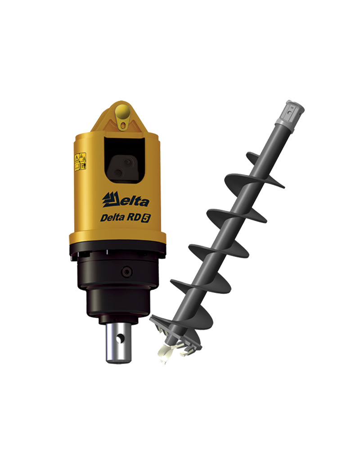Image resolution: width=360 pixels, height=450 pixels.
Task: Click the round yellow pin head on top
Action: [x=121, y=113]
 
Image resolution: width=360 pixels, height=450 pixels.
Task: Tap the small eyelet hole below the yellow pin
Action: [x=124, y=125]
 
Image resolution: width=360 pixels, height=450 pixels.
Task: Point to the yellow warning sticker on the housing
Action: [x=81, y=161]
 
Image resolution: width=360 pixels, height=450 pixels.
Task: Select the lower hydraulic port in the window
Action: [x=118, y=172]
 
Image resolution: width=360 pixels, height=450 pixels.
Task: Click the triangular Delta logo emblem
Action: [x=110, y=199]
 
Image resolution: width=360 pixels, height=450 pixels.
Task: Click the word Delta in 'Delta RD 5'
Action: [x=112, y=218]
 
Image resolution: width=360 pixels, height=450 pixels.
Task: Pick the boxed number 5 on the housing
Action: [x=146, y=218]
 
